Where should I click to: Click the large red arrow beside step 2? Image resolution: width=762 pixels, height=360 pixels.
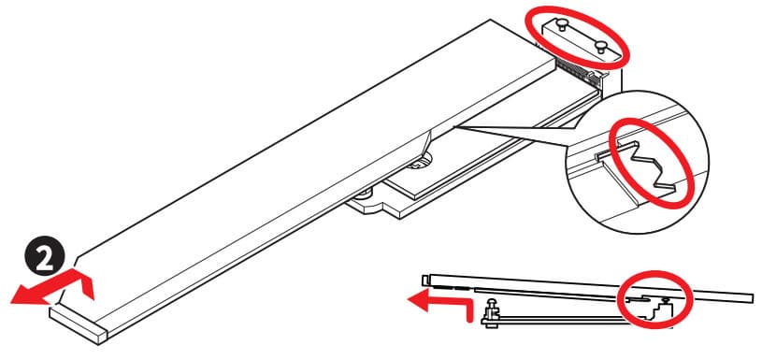(x=53, y=288)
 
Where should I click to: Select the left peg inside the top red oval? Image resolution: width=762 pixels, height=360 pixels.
(x=561, y=23)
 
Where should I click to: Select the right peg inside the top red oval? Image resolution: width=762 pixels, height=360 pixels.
(x=600, y=47)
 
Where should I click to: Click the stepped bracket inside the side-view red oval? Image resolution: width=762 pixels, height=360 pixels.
(x=654, y=307)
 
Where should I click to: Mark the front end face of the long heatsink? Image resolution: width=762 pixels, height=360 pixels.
(x=78, y=325)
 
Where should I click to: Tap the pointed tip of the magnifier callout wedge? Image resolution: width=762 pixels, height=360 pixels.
(x=453, y=127)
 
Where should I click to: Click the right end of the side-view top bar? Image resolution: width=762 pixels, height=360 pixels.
(x=753, y=297)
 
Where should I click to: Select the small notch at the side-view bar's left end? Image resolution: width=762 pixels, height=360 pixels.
(x=425, y=281)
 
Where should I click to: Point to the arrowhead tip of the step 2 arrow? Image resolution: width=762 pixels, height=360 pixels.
(x=11, y=299)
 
